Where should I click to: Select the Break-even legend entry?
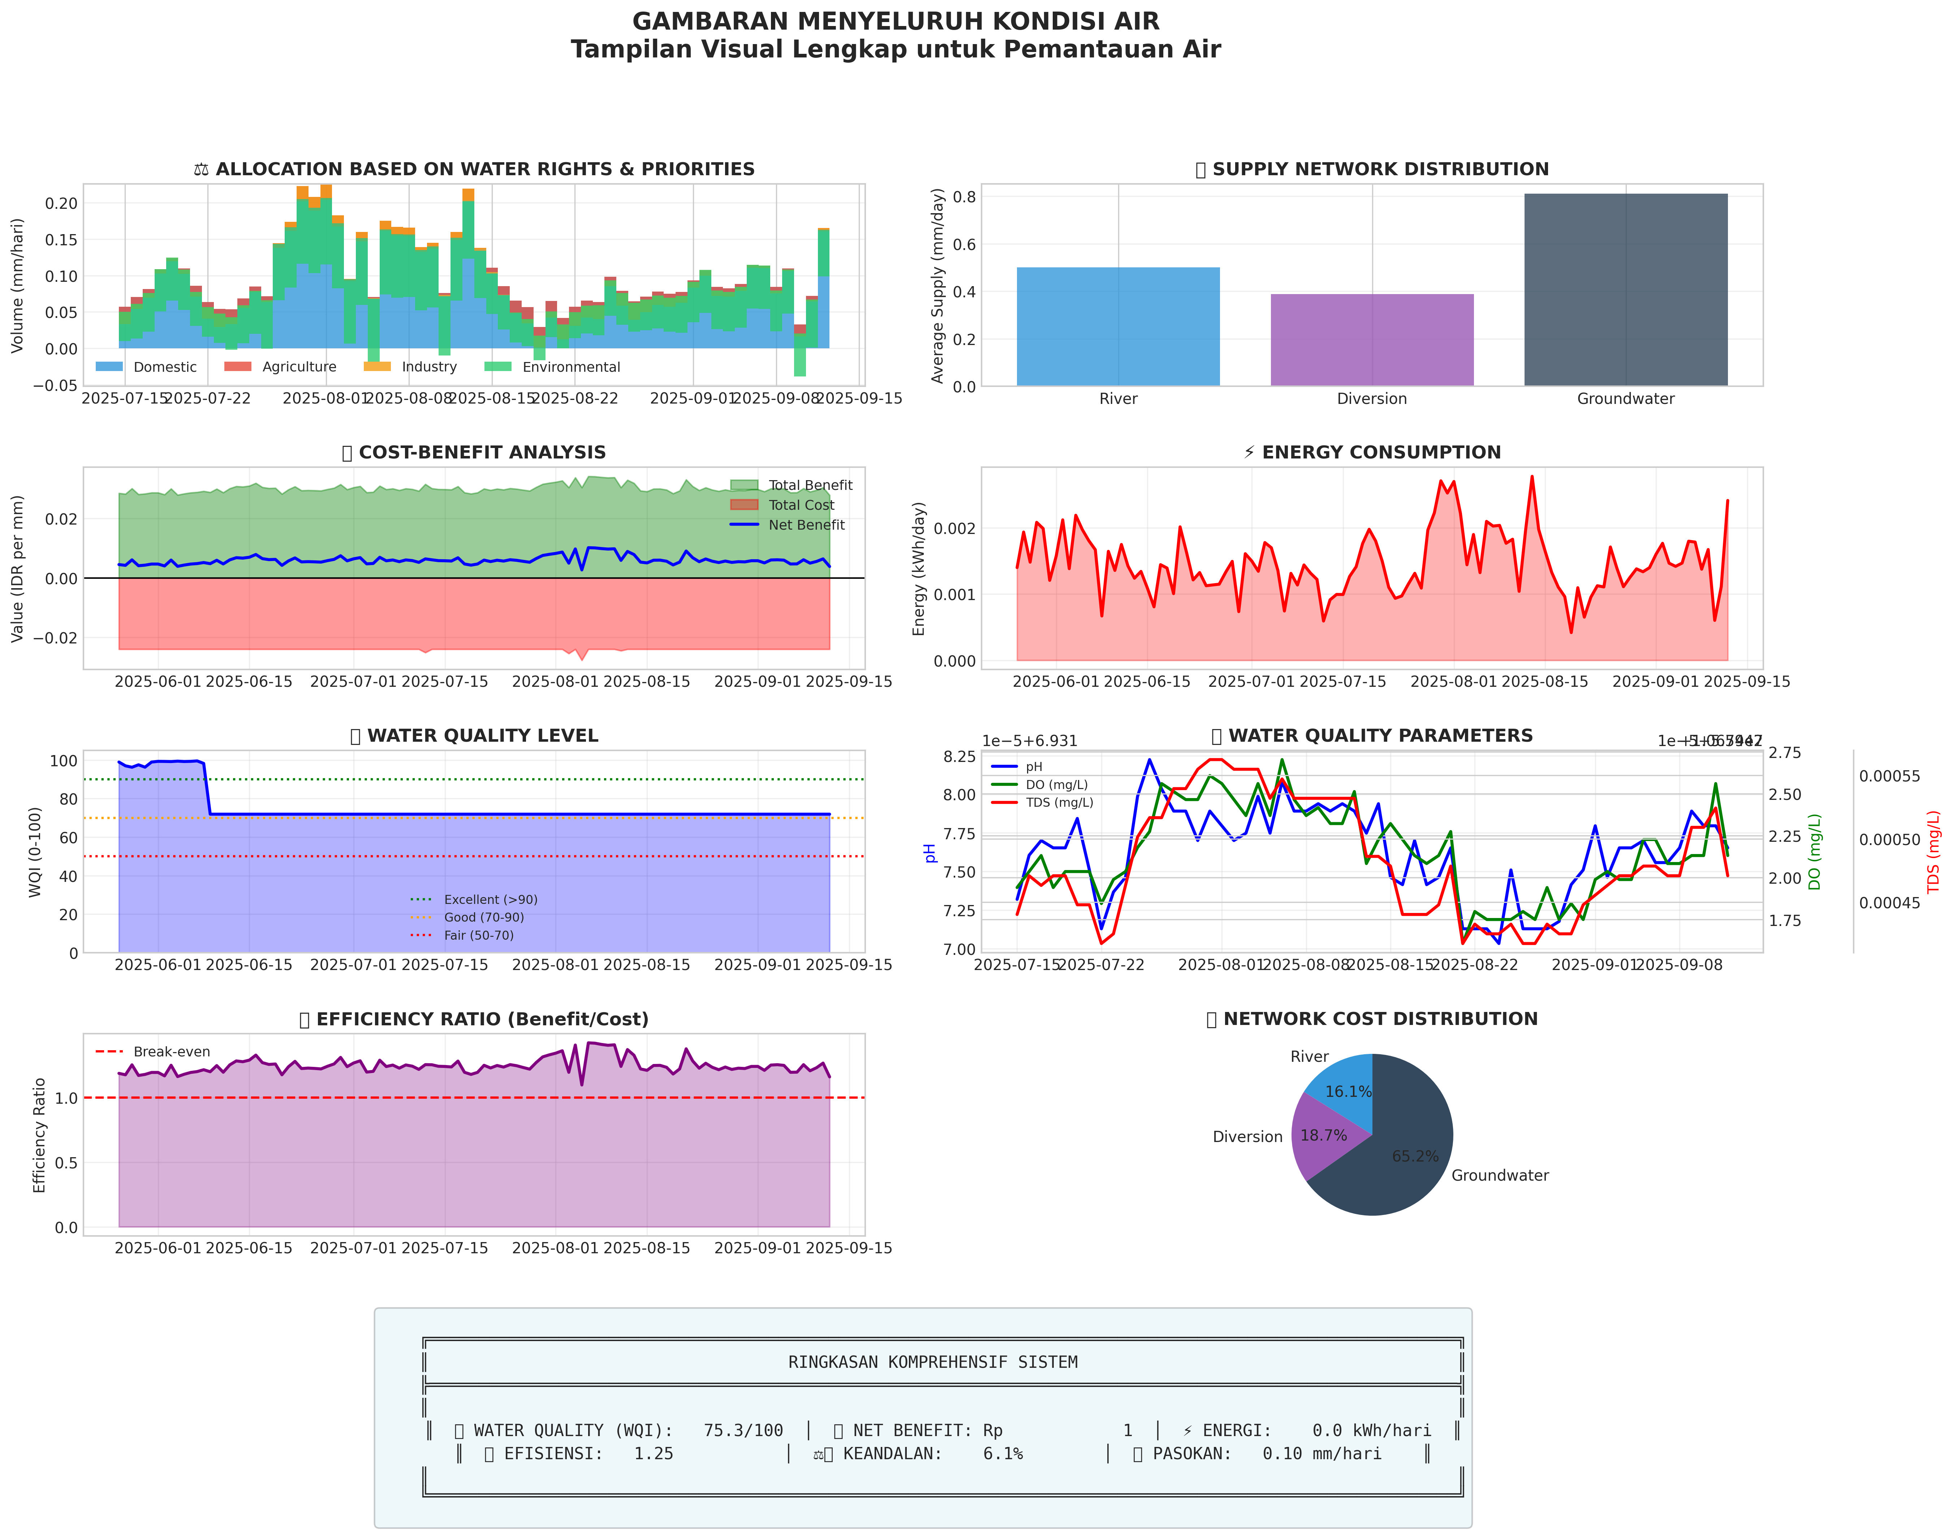171,1052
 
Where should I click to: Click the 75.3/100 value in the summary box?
743,1431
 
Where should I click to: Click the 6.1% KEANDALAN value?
1002,1454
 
